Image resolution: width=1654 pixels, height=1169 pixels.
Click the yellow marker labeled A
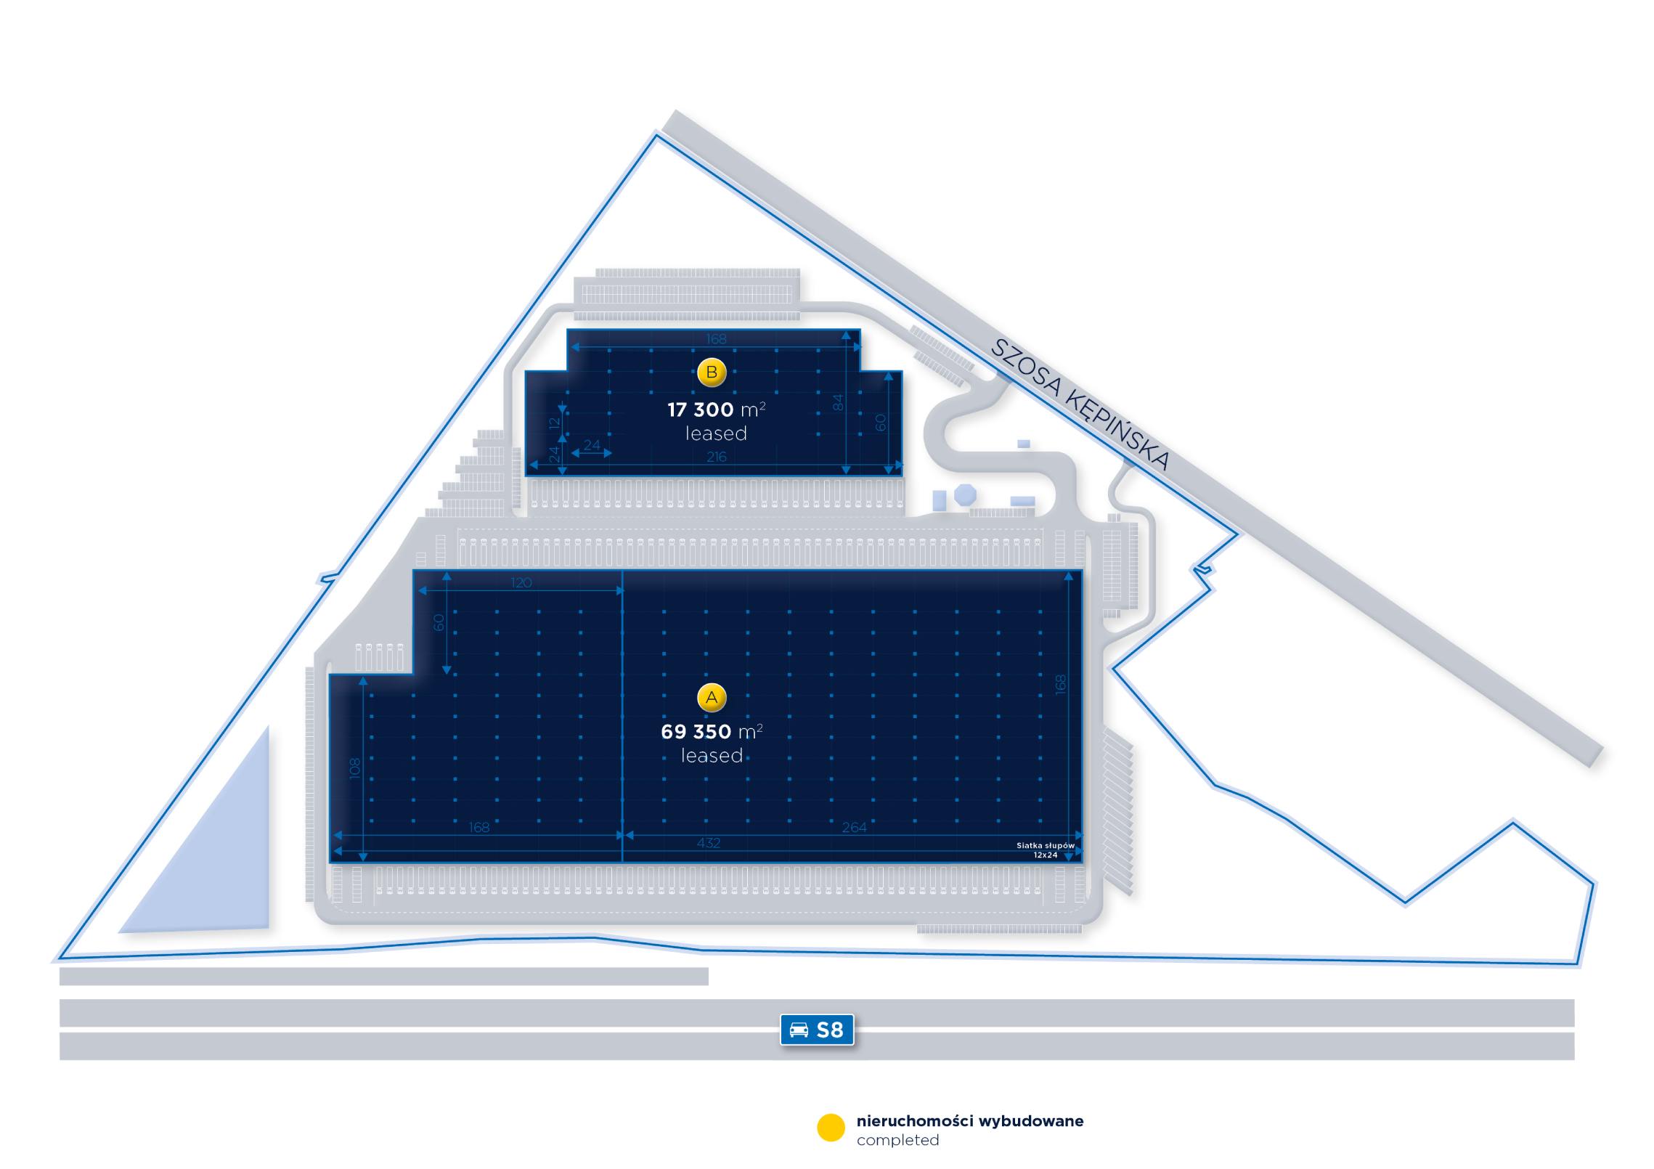712,698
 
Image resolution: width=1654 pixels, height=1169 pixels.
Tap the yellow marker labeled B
712,372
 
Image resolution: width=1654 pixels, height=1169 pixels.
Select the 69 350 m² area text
712,731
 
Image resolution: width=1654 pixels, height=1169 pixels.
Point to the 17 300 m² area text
716,410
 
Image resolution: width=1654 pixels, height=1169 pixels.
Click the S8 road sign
817,1030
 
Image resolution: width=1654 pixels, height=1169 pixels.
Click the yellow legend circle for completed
831,1128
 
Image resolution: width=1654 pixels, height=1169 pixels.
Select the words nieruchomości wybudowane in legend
969,1120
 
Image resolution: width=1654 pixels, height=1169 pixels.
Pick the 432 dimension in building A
709,843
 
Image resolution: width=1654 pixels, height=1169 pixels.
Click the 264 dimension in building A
854,827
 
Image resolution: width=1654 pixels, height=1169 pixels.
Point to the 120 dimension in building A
521,582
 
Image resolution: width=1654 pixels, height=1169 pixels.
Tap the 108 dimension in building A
354,768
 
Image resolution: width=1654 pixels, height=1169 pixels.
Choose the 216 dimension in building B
717,457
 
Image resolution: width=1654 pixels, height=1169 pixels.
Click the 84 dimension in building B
838,402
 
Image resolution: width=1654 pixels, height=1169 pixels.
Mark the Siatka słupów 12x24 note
1046,850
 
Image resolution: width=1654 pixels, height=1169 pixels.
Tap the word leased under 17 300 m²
716,433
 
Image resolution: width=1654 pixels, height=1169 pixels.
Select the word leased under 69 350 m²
712,756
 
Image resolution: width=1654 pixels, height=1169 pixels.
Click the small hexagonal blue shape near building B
965,495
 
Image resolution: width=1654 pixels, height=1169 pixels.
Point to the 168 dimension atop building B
716,338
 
